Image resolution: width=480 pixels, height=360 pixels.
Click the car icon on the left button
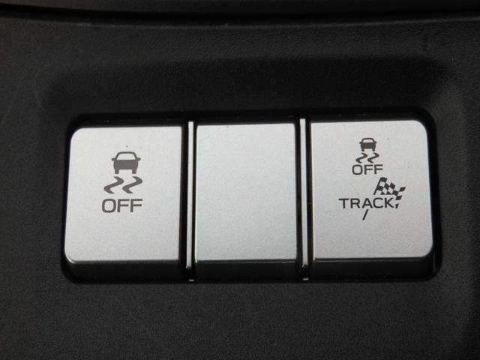[126, 163]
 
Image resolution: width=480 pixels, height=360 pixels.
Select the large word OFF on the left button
[122, 205]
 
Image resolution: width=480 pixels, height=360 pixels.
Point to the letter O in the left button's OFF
[108, 205]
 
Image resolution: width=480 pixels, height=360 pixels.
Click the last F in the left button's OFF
[136, 205]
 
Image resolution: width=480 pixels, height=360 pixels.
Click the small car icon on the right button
[367, 145]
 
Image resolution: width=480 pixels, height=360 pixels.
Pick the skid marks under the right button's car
[367, 158]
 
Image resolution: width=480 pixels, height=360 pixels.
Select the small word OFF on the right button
[367, 169]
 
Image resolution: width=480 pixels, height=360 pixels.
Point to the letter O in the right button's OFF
[357, 169]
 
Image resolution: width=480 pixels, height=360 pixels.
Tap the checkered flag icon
[389, 190]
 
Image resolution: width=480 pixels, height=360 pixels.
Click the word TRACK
[365, 203]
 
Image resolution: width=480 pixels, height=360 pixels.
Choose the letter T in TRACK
[344, 203]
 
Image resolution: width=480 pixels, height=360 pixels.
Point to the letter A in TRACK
[365, 203]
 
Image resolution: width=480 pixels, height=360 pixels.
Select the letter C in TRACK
[376, 203]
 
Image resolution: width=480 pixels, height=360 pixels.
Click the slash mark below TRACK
[365, 215]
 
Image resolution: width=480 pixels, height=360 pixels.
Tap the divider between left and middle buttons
[190, 200]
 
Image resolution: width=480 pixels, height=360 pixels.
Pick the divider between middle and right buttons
[304, 199]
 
